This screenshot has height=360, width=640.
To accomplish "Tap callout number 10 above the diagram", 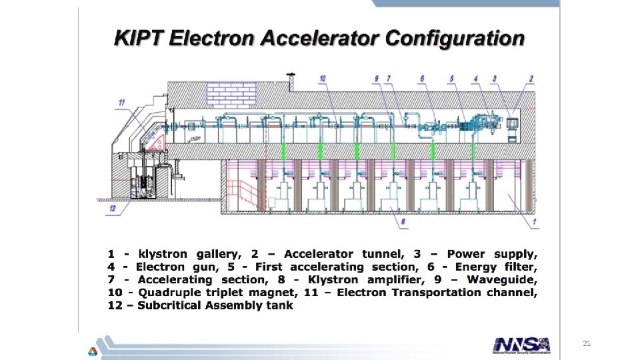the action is pos(323,79).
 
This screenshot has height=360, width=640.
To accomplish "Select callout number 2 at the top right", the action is pos(531,79).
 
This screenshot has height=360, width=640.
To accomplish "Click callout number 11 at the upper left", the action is pos(121,102).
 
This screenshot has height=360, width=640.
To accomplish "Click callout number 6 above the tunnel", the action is pos(421,79).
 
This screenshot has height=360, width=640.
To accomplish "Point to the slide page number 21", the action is pos(587,343).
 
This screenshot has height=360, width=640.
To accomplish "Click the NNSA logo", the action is pos(522,344).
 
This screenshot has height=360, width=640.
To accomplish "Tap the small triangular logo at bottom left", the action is pos(91,351).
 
